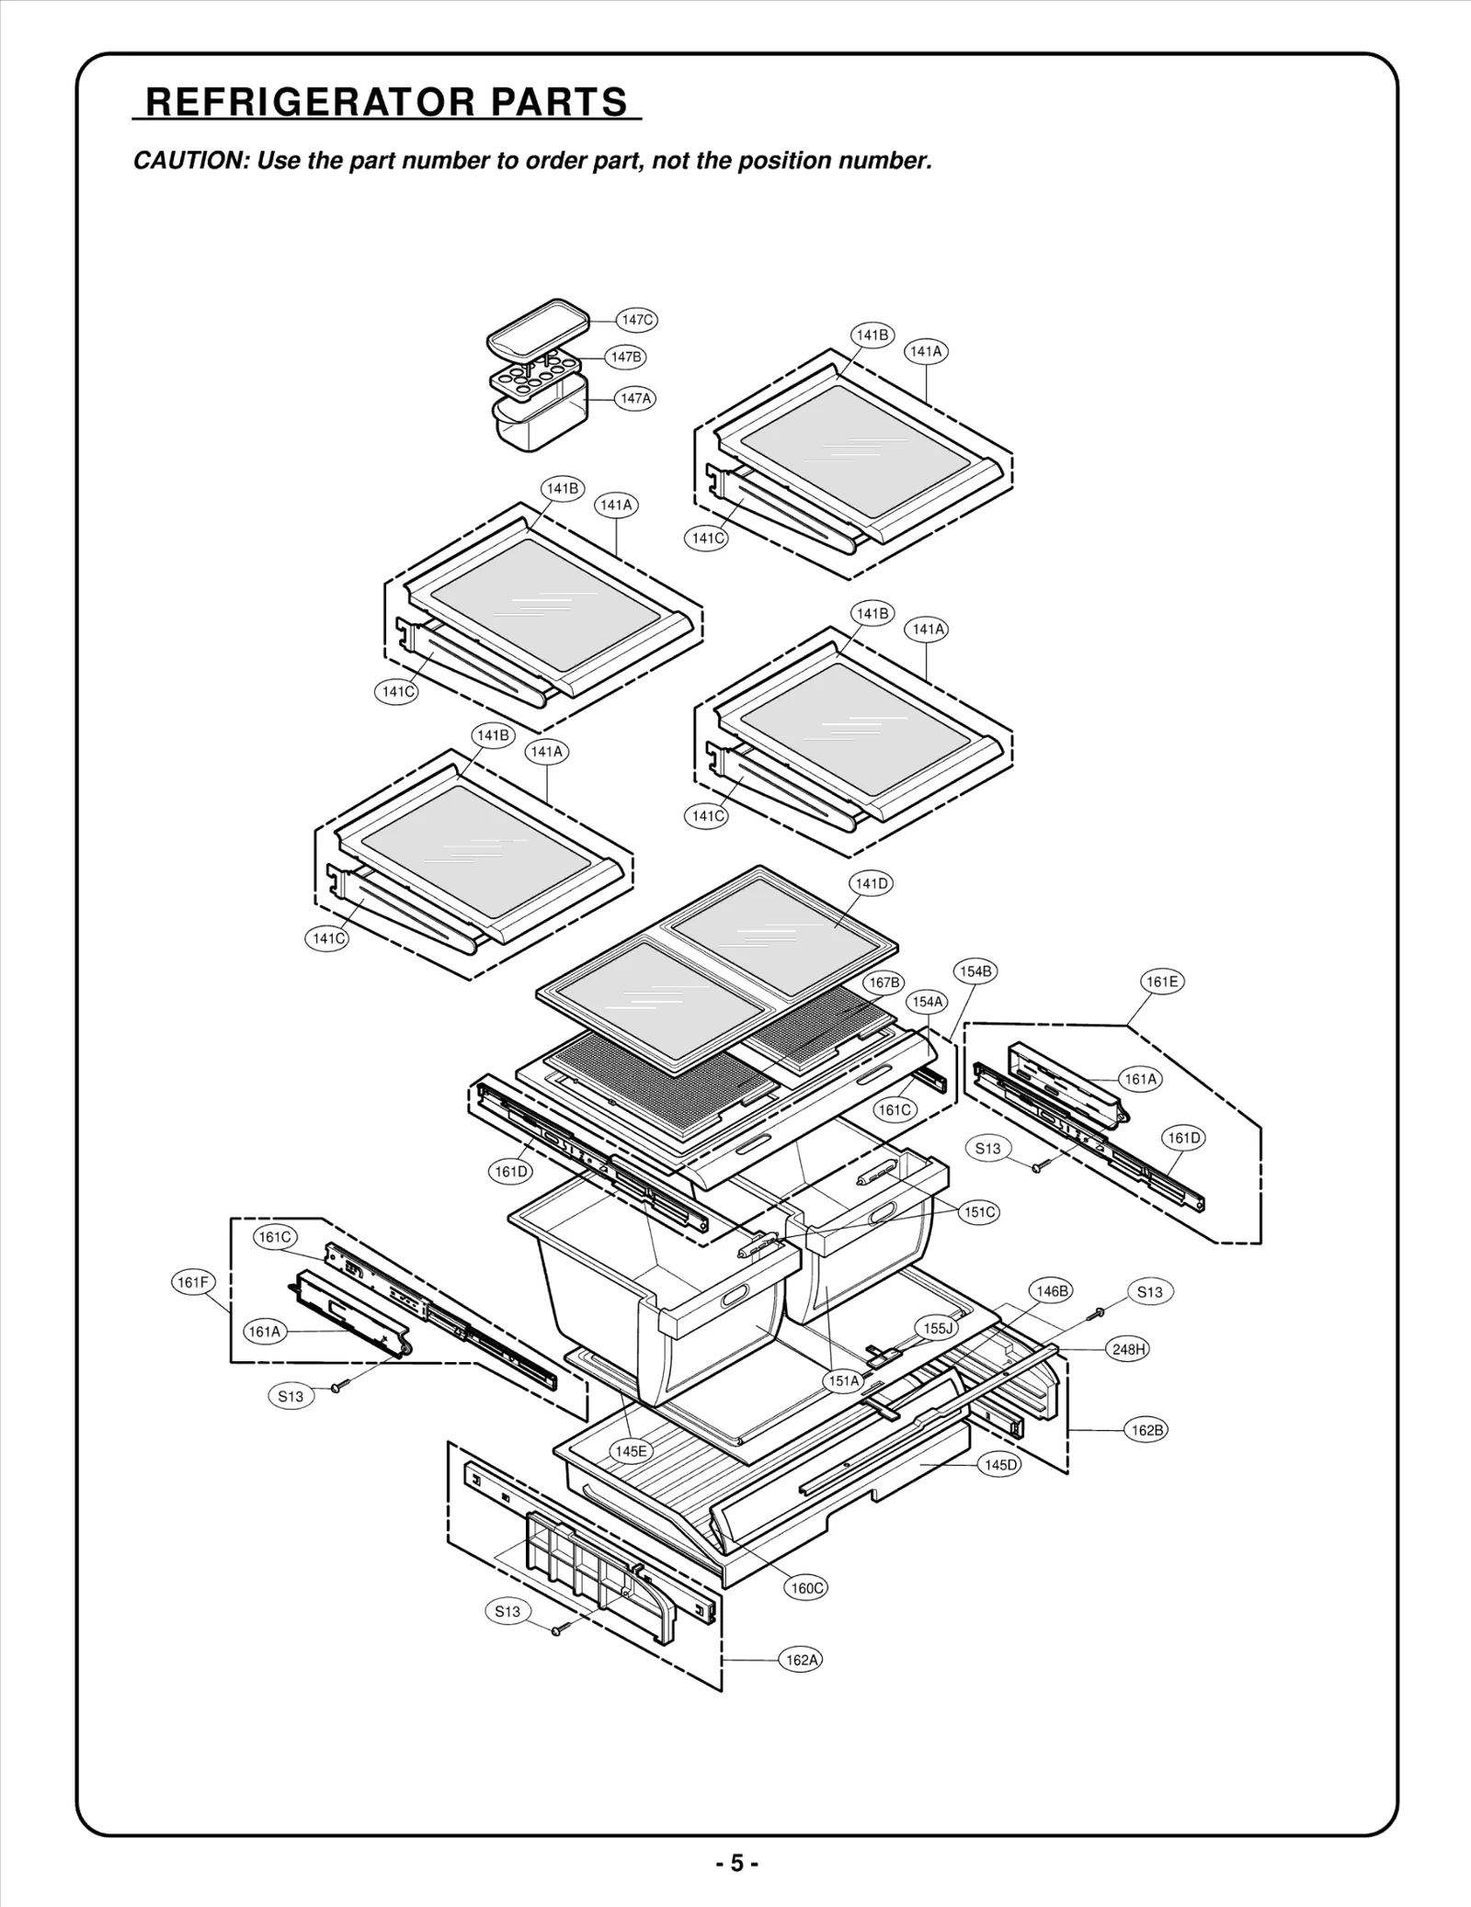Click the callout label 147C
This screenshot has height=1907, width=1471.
tap(636, 320)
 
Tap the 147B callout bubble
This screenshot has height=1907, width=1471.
tap(625, 357)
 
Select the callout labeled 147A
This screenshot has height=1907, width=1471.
tap(635, 398)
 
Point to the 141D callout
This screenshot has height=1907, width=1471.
tap(871, 883)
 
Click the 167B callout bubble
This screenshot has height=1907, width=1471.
tap(884, 982)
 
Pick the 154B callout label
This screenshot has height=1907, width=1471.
tap(975, 971)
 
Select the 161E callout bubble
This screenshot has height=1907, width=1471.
tap(1162, 982)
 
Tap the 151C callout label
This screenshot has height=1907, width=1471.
tap(979, 1212)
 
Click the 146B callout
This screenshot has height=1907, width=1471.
tap(1052, 1290)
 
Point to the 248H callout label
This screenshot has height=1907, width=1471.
tap(1128, 1349)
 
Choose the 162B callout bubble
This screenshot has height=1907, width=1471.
tap(1146, 1430)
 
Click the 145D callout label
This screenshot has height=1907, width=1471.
tap(1000, 1465)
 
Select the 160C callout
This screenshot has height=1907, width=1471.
tap(807, 1588)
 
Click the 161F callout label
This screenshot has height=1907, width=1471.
tap(193, 1282)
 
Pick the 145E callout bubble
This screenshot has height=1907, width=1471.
tap(631, 1451)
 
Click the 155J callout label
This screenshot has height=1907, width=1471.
tap(938, 1328)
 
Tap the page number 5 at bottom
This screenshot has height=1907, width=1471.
tap(736, 1863)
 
